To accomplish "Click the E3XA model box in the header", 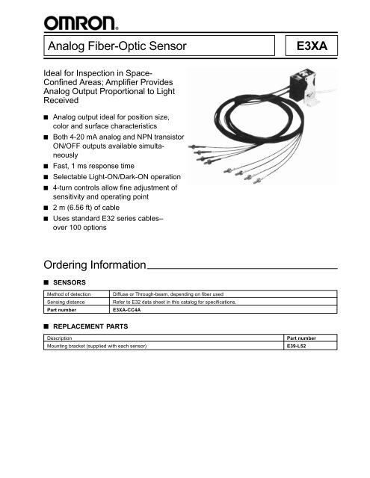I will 315,50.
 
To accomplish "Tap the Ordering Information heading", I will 94,265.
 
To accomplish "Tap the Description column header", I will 57,340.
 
